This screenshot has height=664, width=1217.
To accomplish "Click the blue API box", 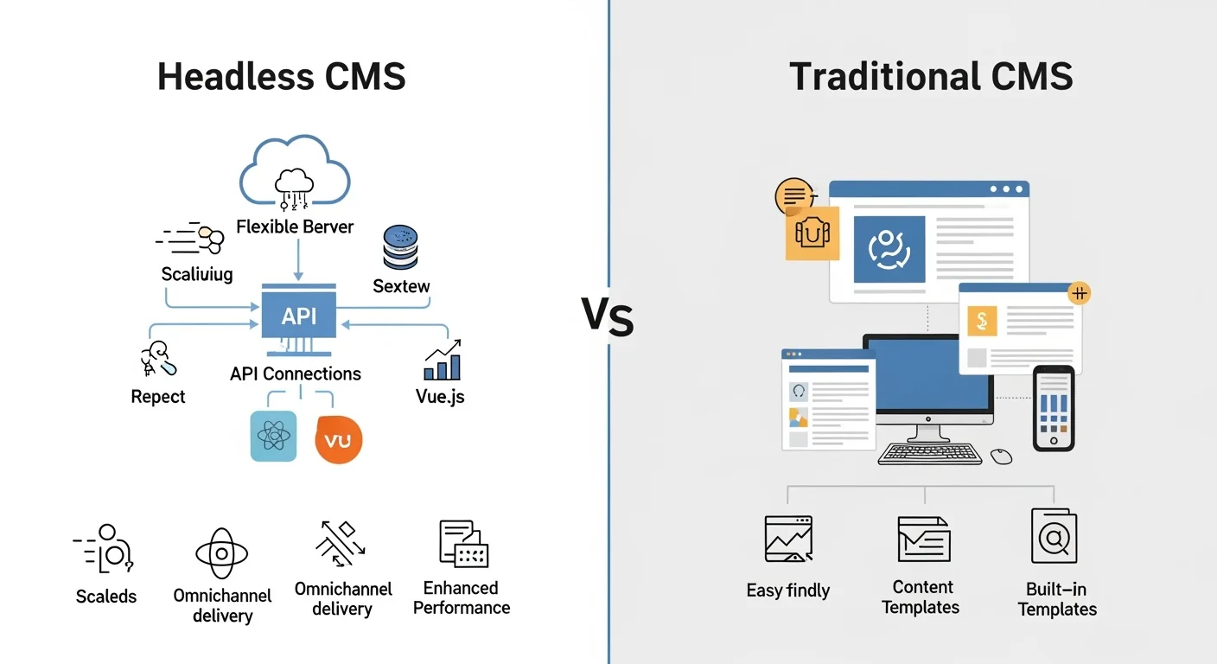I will [299, 316].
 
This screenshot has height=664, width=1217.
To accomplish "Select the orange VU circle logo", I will [338, 439].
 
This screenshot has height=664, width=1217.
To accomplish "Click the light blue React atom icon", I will [273, 436].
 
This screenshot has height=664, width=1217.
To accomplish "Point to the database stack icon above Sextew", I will [400, 248].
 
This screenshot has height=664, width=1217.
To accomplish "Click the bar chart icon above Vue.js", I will [443, 361].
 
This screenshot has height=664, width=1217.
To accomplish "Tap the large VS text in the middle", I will [608, 317].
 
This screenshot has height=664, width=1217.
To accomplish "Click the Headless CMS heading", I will [282, 77].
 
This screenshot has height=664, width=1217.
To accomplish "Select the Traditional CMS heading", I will [931, 77].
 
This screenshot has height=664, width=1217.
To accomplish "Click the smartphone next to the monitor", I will [1054, 407].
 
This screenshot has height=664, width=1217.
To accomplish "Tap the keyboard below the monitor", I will [930, 453].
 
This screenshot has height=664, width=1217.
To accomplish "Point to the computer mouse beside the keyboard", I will [1002, 456].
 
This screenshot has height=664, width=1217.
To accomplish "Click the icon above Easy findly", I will [788, 539].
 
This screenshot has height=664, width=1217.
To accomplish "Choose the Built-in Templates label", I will [1056, 599].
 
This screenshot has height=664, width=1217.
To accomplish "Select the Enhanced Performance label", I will [462, 597].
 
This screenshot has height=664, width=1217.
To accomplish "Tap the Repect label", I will [158, 397].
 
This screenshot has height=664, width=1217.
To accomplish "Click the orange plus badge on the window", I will [1079, 293].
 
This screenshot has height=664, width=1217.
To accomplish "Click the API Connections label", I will [296, 373].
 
